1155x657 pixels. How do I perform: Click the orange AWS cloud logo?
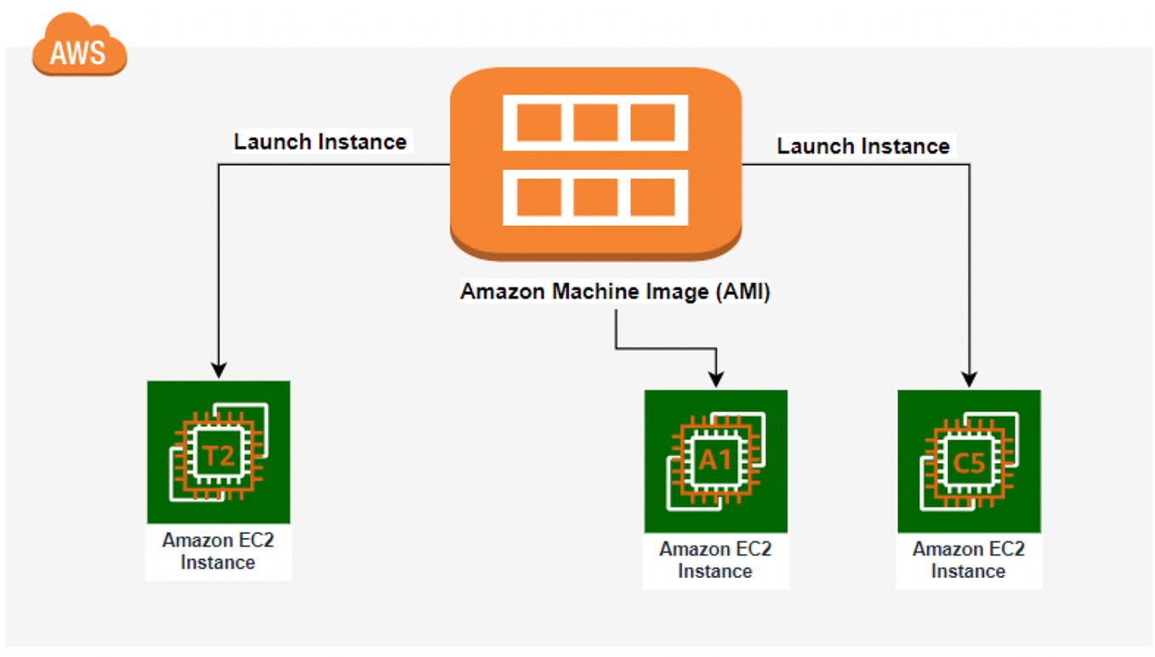[79, 48]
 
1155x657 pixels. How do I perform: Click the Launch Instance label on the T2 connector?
[320, 141]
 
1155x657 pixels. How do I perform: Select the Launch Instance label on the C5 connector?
[862, 146]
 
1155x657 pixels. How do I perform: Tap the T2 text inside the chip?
[219, 456]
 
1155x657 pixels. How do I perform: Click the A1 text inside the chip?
[715, 460]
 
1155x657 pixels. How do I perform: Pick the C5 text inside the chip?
[969, 463]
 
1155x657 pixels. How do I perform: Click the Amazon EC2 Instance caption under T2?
[219, 551]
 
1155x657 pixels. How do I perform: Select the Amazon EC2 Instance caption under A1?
[715, 560]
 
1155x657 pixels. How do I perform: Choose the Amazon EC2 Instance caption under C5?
[969, 560]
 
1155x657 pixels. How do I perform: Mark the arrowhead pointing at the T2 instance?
[219, 371]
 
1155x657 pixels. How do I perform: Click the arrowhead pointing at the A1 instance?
[716, 378]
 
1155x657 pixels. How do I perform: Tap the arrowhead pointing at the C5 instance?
[970, 379]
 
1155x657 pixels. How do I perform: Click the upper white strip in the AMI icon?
[595, 122]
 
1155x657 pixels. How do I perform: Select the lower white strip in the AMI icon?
[595, 197]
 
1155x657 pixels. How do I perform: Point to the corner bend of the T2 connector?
[219, 164]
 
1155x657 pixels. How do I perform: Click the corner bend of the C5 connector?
[970, 164]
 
